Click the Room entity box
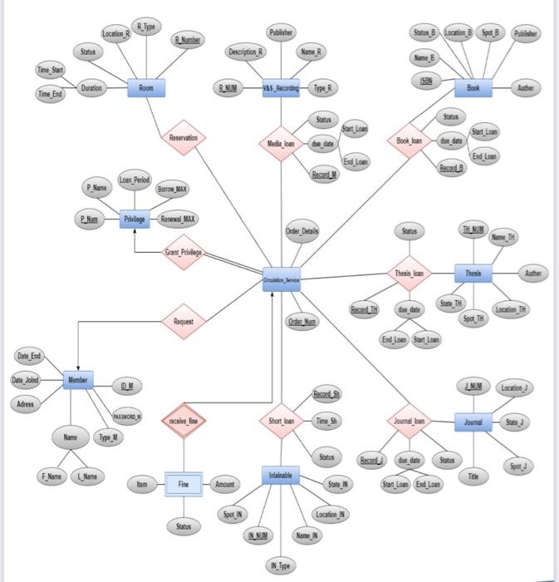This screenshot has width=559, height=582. point(146,88)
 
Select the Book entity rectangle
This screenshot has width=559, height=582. point(473,87)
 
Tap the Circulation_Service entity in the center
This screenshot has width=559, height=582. point(281,279)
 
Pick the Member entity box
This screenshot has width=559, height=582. point(78,380)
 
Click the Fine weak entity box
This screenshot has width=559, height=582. point(184,484)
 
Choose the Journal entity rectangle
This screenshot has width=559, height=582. point(473,422)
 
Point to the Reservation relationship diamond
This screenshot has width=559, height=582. point(183,138)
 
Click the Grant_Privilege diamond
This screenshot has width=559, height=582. point(184,252)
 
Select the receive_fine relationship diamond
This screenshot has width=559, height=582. point(184,422)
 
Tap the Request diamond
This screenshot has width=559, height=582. point(184,321)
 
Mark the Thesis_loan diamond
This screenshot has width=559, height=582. point(409,273)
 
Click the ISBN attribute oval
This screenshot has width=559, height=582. point(425,80)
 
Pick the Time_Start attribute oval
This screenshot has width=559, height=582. point(50,71)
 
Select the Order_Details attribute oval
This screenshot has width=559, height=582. point(302,230)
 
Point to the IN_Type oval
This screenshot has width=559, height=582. point(281,566)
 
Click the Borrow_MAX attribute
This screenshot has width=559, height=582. point(171,190)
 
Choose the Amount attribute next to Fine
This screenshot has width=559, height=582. point(225,484)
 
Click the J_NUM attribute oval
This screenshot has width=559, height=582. point(473,387)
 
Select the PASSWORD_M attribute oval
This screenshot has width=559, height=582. point(127,416)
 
